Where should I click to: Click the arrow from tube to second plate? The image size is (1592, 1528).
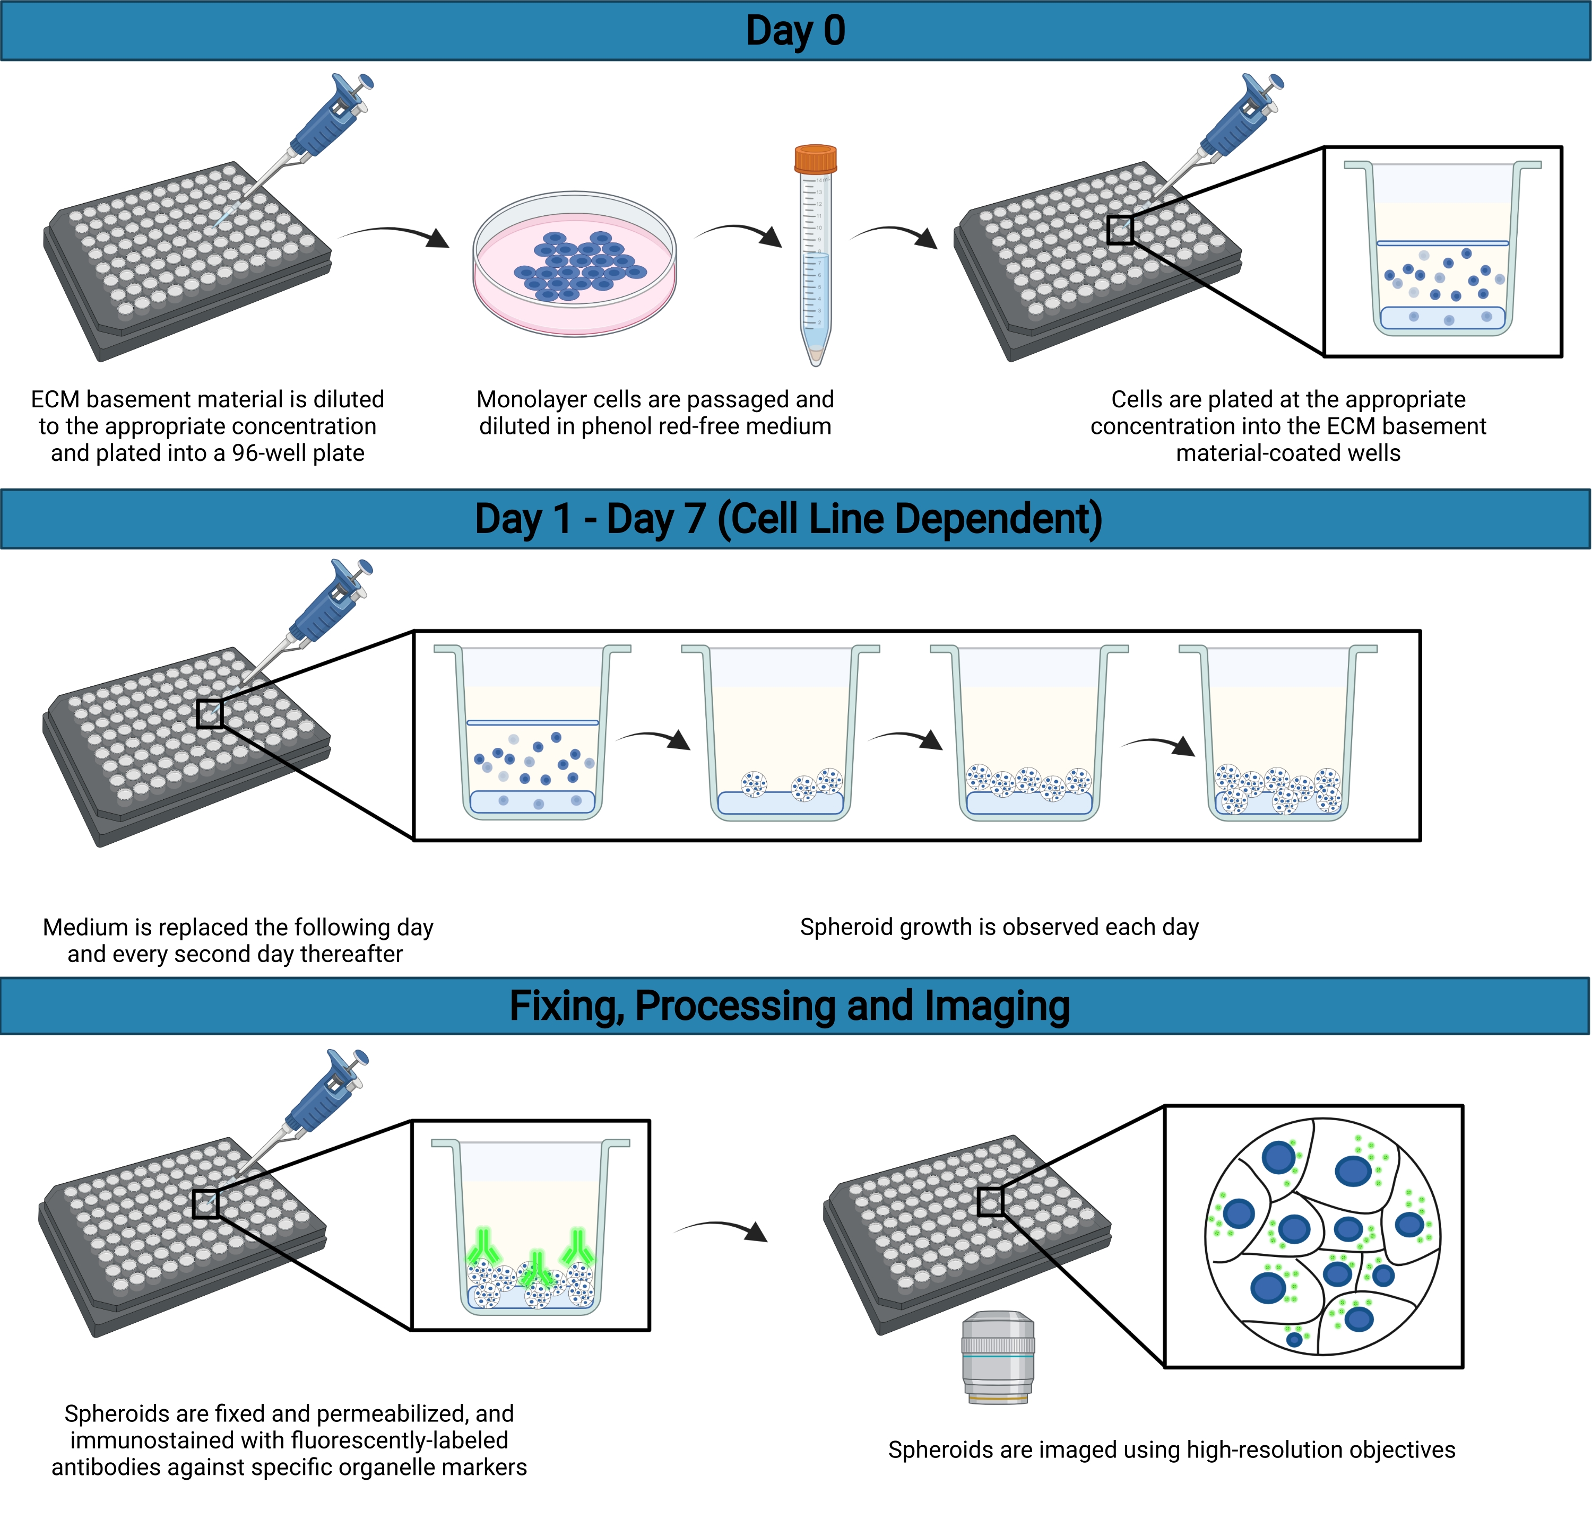tap(894, 234)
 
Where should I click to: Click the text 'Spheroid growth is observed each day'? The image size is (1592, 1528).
tap(999, 927)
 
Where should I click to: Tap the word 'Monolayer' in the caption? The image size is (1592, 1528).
tap(532, 399)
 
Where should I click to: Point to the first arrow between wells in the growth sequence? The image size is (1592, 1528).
tap(654, 739)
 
